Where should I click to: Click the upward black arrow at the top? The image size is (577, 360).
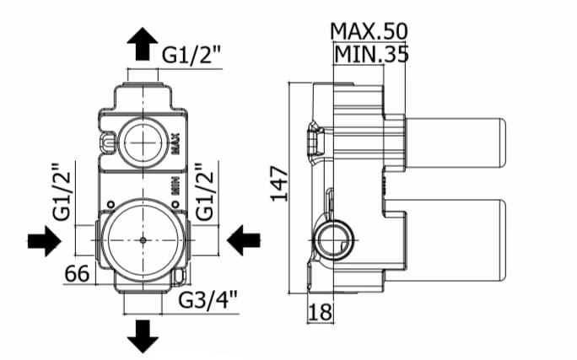click(x=143, y=43)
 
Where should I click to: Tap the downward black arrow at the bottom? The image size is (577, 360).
click(x=143, y=336)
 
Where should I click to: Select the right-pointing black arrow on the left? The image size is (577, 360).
click(x=45, y=241)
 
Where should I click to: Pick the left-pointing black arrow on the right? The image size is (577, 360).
click(x=244, y=241)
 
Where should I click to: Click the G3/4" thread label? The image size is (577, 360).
click(x=208, y=300)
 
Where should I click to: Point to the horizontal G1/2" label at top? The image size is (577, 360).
click(x=191, y=56)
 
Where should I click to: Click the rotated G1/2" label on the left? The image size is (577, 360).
click(x=61, y=191)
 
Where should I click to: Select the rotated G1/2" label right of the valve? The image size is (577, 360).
click(x=204, y=191)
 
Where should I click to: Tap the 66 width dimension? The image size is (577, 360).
click(x=77, y=274)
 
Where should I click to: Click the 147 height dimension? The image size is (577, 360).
click(x=279, y=184)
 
